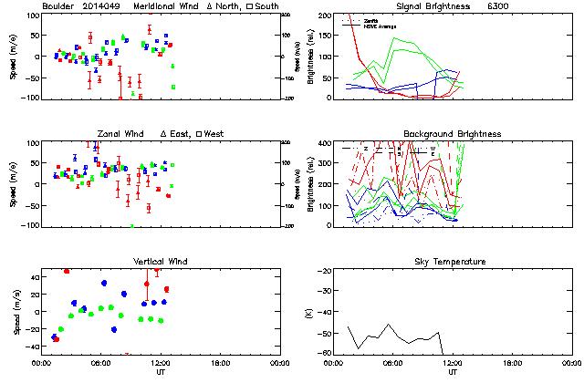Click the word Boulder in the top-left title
pyautogui.click(x=60, y=6)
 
